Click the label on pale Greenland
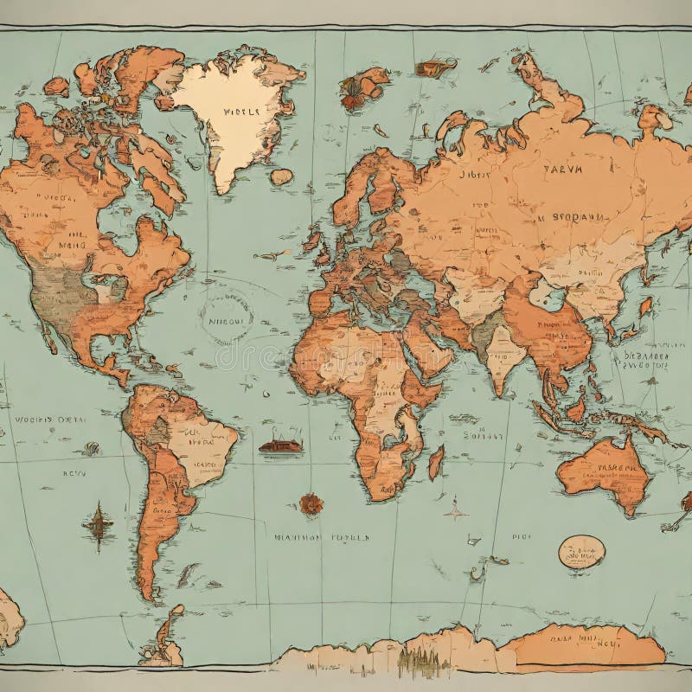(x=240, y=112)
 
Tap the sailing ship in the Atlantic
(x=281, y=445)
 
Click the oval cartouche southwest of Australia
(x=581, y=552)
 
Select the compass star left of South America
(x=98, y=523)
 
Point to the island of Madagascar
(x=436, y=463)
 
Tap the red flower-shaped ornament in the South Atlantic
(x=311, y=503)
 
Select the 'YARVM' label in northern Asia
(x=562, y=170)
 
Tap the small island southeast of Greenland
(x=281, y=176)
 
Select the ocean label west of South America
(x=49, y=419)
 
